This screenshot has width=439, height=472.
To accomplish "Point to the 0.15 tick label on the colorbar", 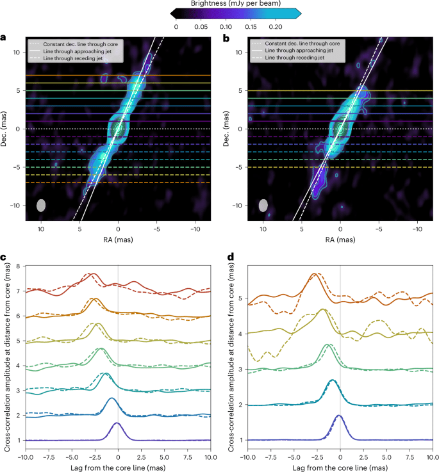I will (x=250, y=27).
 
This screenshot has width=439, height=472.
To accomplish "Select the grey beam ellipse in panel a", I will (x=42, y=206).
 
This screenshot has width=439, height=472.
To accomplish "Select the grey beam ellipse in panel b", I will (x=263, y=206).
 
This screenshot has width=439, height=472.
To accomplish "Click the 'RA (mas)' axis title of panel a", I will (x=118, y=238).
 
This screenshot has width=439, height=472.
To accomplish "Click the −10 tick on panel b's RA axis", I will (x=417, y=228).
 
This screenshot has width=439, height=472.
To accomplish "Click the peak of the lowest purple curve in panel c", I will (x=117, y=423).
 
